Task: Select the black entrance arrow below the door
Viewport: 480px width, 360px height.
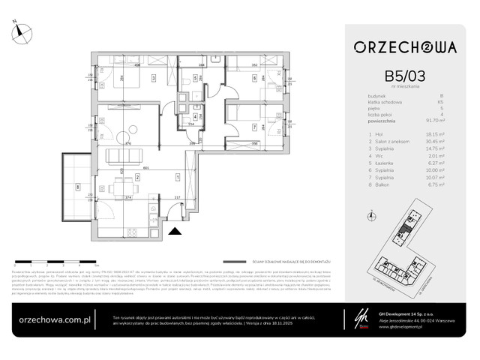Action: point(175,232)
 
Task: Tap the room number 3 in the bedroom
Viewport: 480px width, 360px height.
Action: point(153,77)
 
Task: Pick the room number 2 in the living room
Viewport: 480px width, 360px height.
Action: point(137,177)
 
